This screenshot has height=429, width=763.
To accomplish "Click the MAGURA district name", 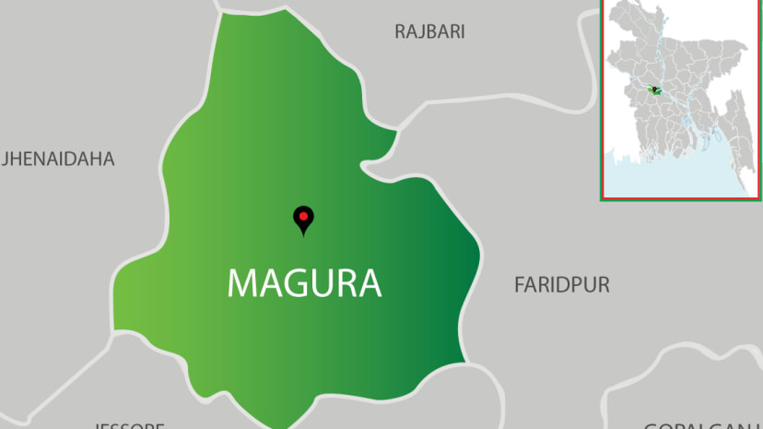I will point(304,283).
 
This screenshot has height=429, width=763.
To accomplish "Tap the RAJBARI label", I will point(429,32).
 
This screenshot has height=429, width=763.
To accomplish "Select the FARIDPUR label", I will point(561,285).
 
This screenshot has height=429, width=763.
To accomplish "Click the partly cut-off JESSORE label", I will point(128,425).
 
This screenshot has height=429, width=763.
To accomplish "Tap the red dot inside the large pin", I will point(302,216).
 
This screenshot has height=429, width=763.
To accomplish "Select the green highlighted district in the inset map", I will point(655,90).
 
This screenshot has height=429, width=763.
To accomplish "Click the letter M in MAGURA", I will point(241,283).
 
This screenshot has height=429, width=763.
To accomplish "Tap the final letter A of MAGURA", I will point(370,283).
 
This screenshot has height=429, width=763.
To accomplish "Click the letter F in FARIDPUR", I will point(519,285).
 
